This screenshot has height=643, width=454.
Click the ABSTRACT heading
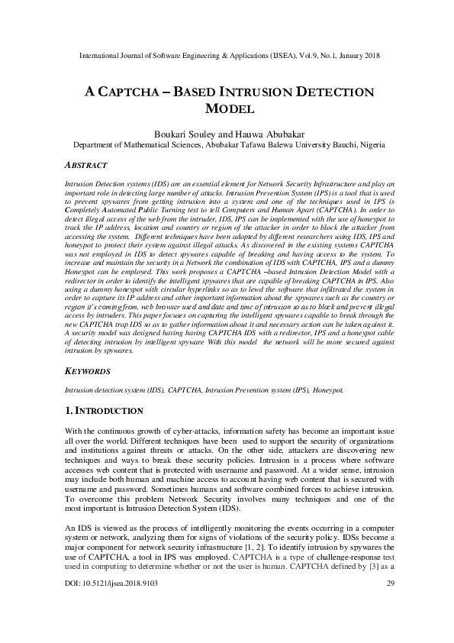85,165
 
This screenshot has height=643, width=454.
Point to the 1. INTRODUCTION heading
105,411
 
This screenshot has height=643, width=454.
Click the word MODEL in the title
227,109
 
